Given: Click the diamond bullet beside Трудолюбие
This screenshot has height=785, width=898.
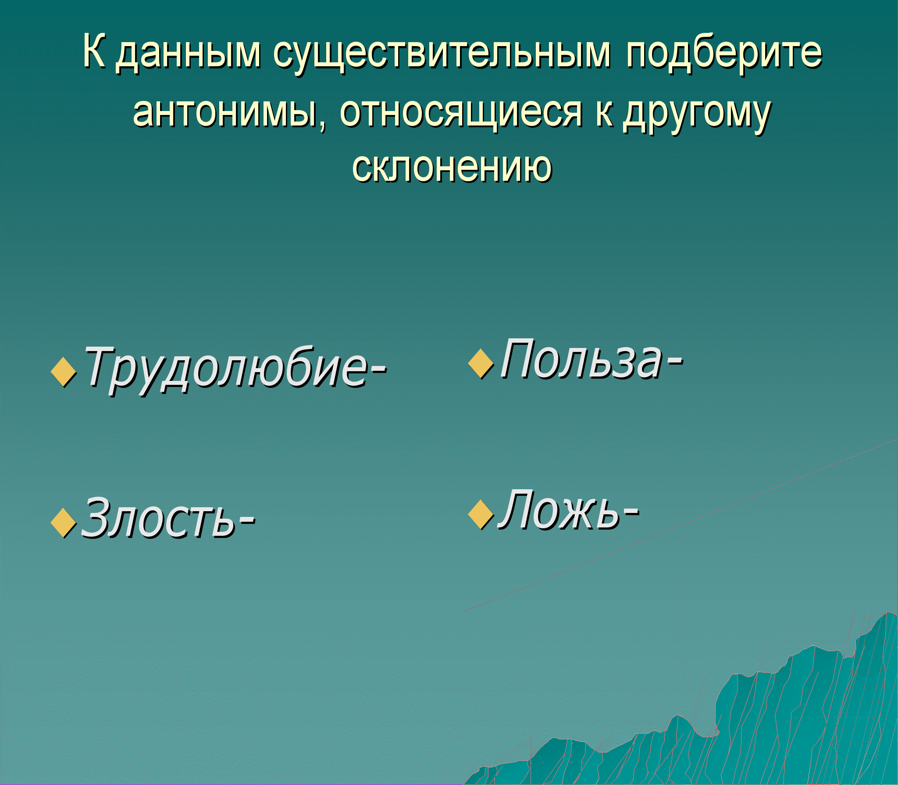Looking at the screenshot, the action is (x=64, y=372).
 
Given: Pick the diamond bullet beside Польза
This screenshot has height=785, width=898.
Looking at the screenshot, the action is (x=481, y=363).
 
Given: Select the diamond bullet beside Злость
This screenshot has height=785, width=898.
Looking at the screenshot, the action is (x=64, y=522).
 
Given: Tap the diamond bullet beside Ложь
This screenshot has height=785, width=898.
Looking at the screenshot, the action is (x=481, y=514).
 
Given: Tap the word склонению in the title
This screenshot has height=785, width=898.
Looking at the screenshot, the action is (x=452, y=167).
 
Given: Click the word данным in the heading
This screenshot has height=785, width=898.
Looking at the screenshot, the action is (x=189, y=55).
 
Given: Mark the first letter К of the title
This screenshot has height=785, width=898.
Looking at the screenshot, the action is (x=94, y=50).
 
